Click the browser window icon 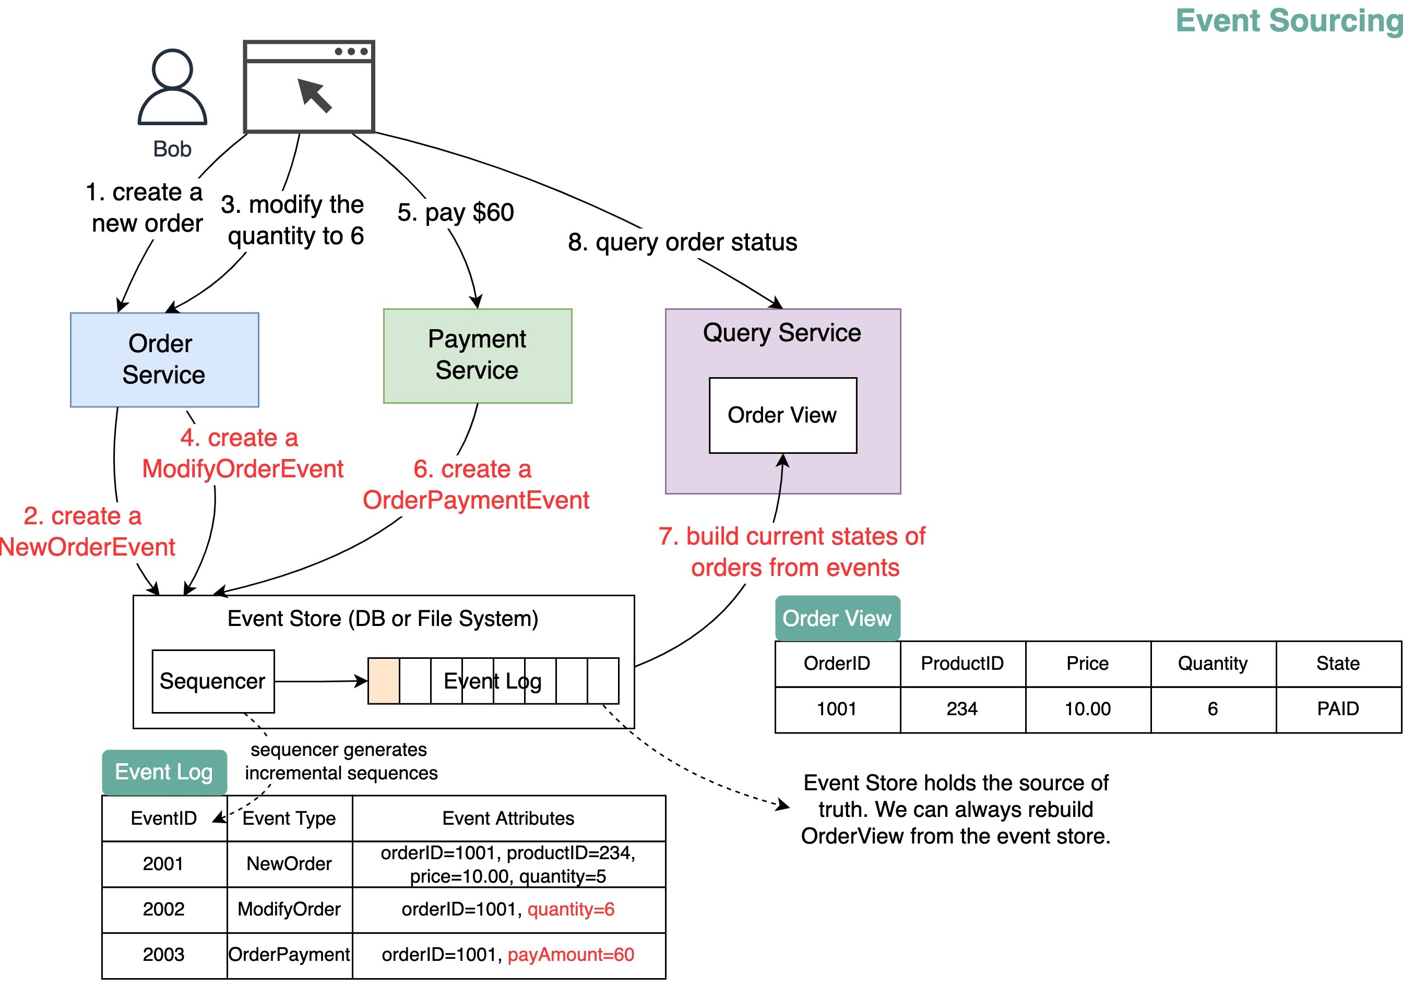[x=308, y=87]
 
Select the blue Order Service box [x=164, y=359]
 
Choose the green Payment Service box [x=477, y=356]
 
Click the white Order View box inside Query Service [x=782, y=415]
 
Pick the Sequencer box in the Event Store [x=213, y=681]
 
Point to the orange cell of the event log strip [x=383, y=680]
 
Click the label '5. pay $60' [x=455, y=212]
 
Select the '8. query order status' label [x=682, y=242]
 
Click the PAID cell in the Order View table [x=1338, y=709]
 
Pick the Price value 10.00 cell [x=1087, y=709]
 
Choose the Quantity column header [x=1212, y=663]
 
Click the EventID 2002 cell [x=164, y=909]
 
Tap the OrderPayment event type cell [x=289, y=955]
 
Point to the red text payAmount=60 [x=571, y=955]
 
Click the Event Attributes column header [x=508, y=818]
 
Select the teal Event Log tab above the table [x=164, y=772]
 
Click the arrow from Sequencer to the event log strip [x=320, y=681]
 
